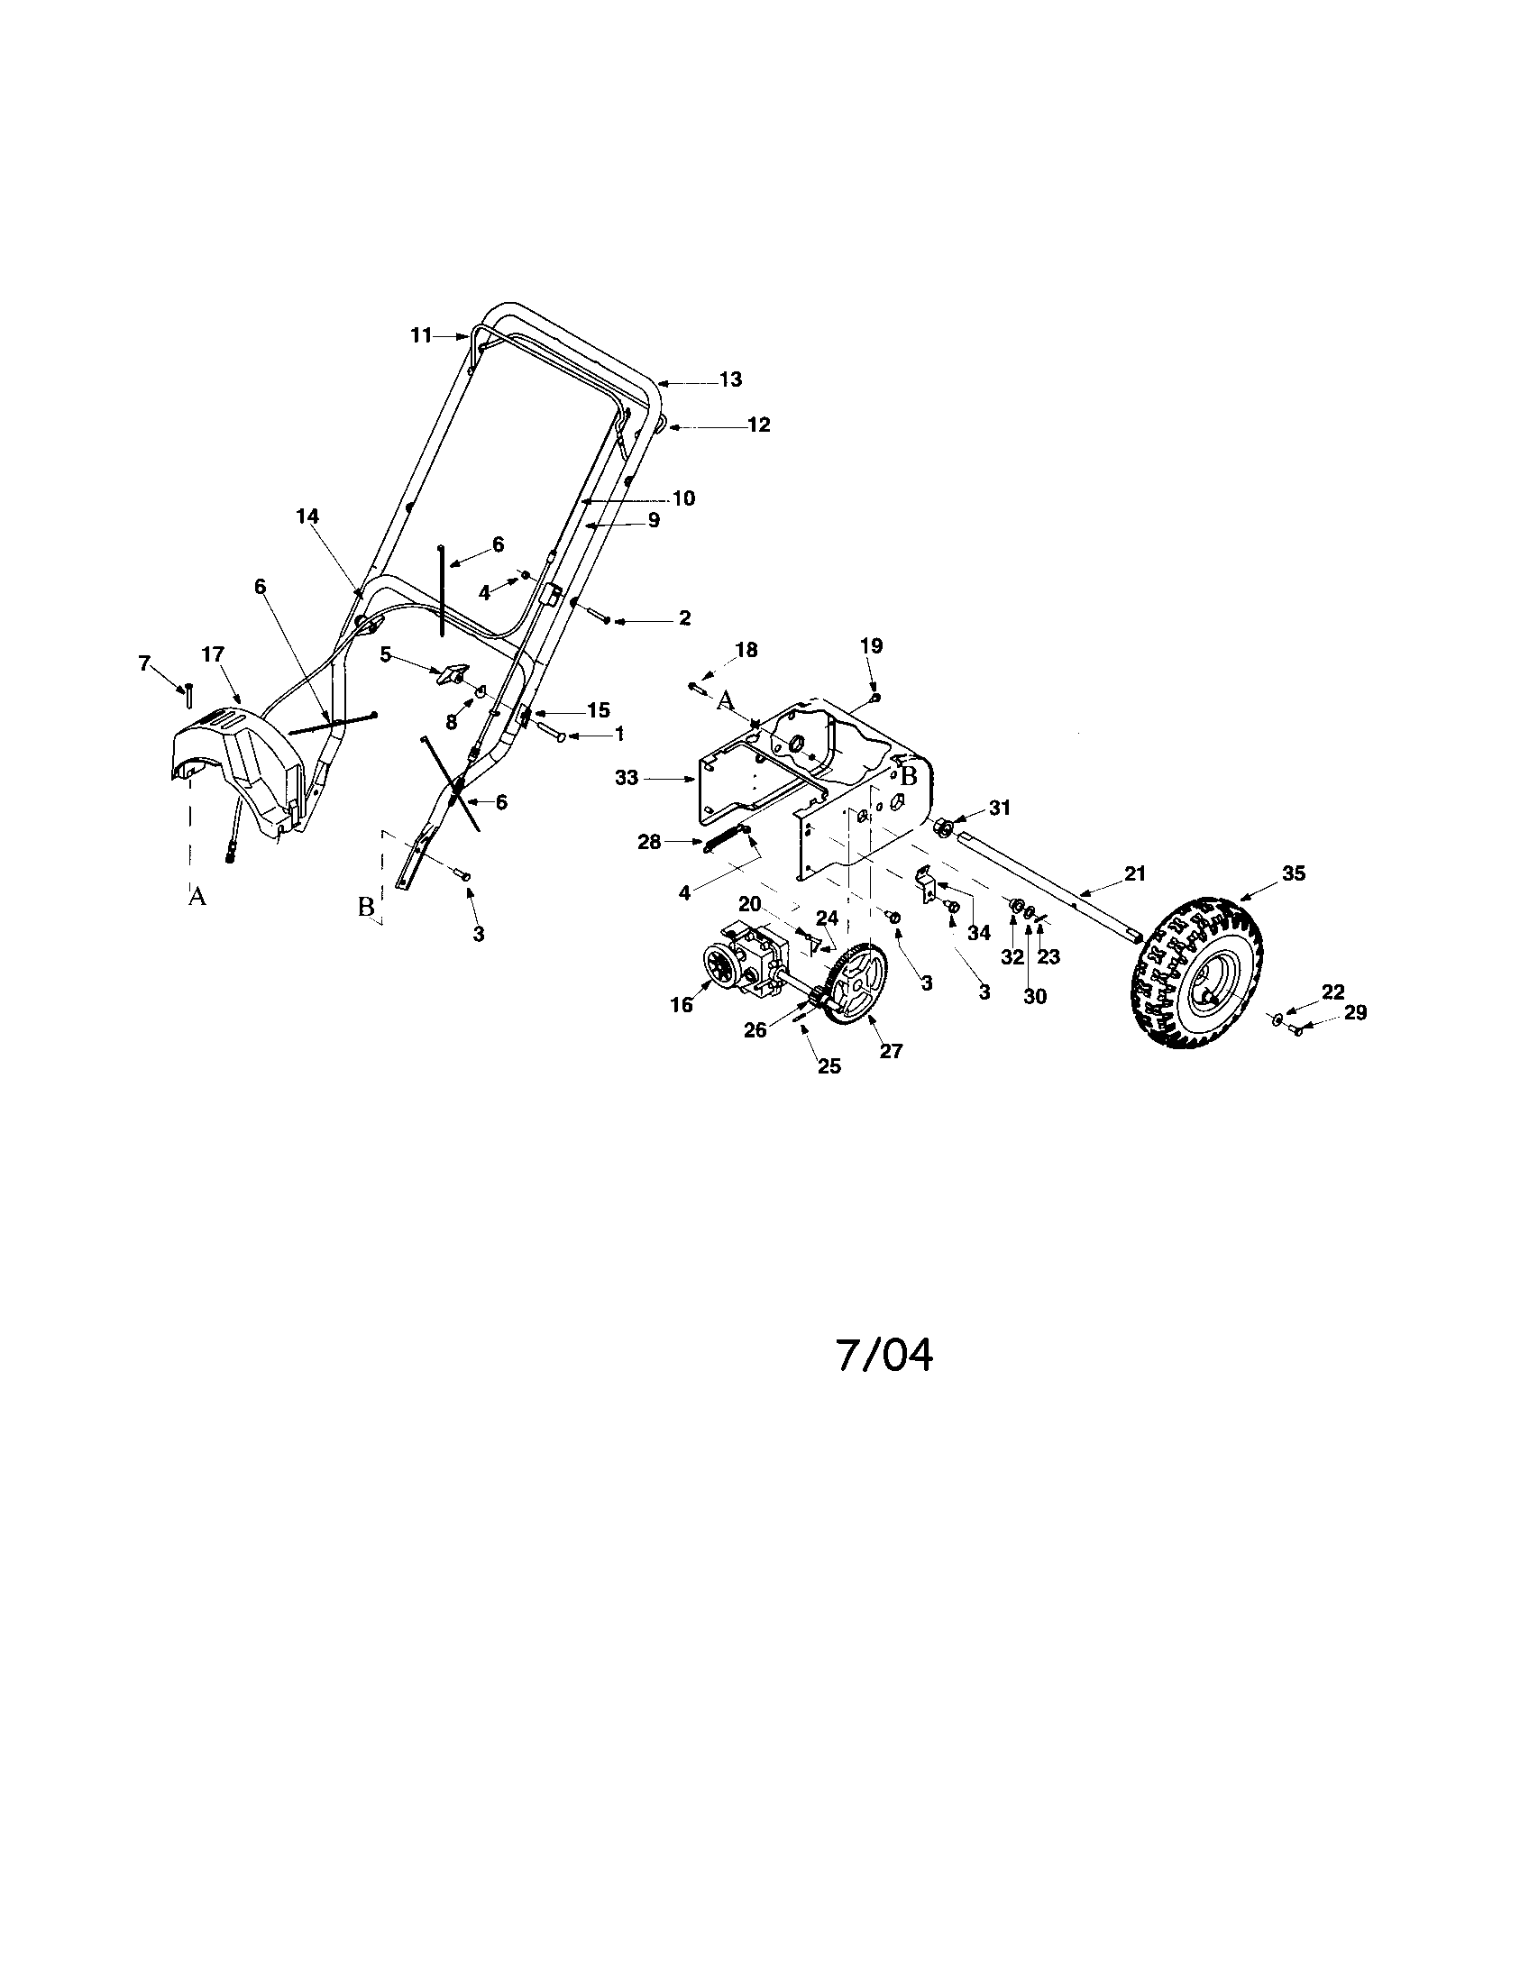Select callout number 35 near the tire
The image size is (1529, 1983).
click(x=1293, y=873)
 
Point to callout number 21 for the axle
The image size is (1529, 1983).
click(x=1135, y=873)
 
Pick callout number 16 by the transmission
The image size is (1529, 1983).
click(x=681, y=1004)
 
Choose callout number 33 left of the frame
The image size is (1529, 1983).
click(x=627, y=778)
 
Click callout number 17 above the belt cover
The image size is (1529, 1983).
click(x=213, y=654)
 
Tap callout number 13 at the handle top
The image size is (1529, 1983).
click(x=730, y=379)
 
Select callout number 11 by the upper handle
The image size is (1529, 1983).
click(x=420, y=335)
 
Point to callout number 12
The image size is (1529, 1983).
click(x=758, y=424)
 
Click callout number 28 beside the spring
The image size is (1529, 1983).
click(x=649, y=842)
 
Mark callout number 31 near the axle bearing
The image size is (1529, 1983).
click(x=999, y=808)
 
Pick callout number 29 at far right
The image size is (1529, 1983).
click(x=1355, y=1012)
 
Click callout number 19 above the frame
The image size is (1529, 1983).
click(x=871, y=646)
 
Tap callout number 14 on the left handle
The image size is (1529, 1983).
click(x=307, y=516)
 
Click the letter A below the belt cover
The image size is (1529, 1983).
click(x=197, y=897)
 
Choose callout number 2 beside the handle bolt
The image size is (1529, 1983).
click(x=683, y=618)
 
